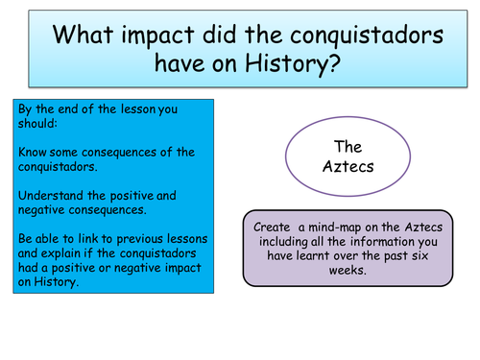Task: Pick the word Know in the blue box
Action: point(34,152)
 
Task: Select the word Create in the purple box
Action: point(272,227)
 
